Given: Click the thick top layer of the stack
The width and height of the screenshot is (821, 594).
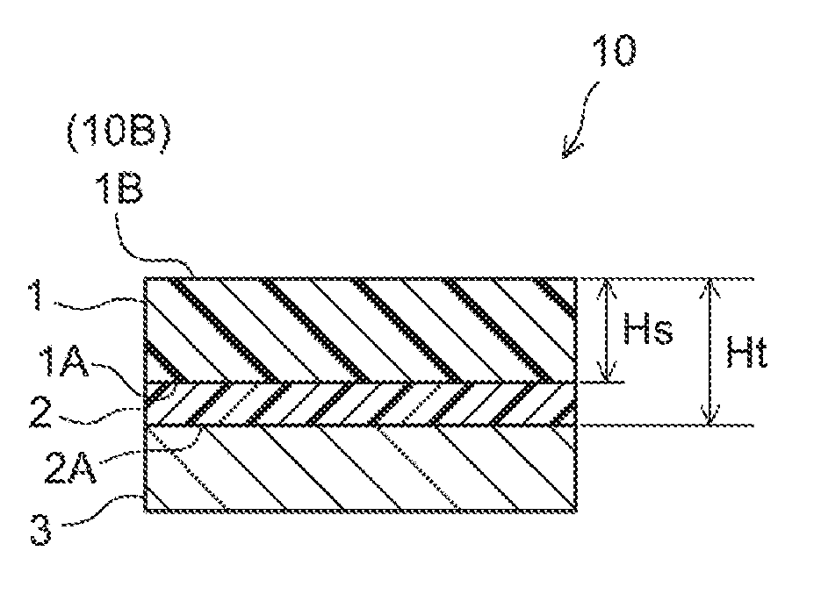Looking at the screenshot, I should click(x=360, y=330).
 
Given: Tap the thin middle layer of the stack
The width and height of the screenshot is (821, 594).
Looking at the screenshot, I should click(x=360, y=404).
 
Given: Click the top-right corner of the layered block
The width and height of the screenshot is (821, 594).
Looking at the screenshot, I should click(x=576, y=279).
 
